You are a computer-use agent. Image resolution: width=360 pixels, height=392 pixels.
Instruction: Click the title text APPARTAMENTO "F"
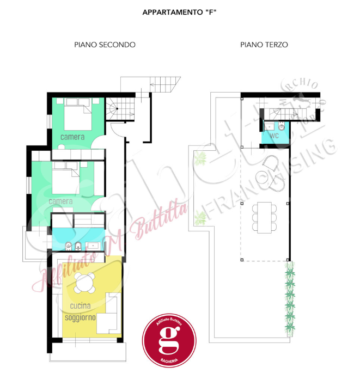tap(180, 11)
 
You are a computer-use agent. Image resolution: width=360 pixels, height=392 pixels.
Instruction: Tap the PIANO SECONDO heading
tap(105, 45)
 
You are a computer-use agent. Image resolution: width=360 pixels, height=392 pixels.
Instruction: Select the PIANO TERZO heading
tap(264, 45)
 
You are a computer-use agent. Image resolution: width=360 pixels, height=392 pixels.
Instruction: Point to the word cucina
tap(81, 307)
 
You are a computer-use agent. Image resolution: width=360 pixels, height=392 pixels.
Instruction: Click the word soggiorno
tap(81, 317)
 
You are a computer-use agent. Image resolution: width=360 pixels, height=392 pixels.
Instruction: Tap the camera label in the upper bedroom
tap(72, 137)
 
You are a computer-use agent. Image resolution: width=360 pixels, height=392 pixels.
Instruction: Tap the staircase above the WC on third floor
tap(283, 113)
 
